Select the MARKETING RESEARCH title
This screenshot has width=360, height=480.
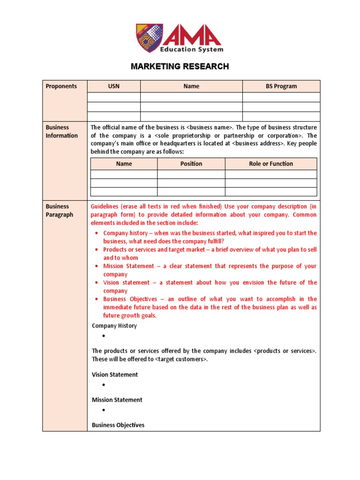click(x=180, y=67)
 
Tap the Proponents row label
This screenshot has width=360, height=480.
click(x=61, y=86)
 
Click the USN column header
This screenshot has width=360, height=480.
click(x=113, y=86)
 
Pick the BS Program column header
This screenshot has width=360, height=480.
click(x=281, y=86)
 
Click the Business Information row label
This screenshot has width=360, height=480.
click(x=61, y=131)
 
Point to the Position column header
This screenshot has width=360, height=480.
click(x=191, y=164)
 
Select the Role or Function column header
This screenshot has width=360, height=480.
click(x=271, y=164)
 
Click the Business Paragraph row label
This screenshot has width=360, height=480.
click(x=60, y=210)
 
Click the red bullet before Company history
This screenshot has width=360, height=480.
click(x=96, y=233)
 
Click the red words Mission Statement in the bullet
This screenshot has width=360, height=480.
click(x=128, y=266)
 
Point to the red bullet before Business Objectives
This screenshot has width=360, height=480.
click(x=96, y=299)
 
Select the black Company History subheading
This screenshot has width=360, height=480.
click(x=114, y=326)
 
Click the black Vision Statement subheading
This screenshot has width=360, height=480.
click(x=115, y=375)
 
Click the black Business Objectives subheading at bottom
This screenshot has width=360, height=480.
click(x=118, y=425)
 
